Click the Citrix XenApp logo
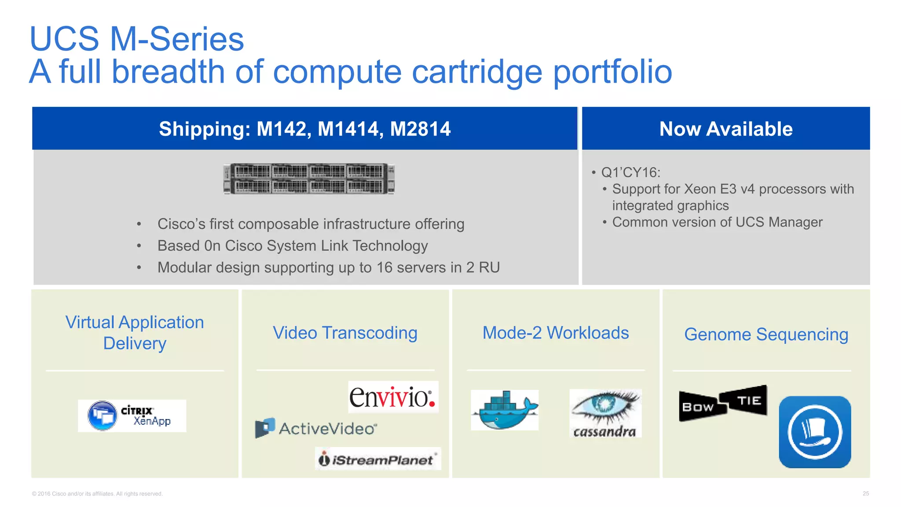coord(132,415)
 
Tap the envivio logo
coord(393,397)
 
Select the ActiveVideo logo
coord(316,428)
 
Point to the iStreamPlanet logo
coord(378,459)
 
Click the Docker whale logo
coord(505,410)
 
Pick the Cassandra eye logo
coord(605,413)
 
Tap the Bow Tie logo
coord(723,403)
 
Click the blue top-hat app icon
coord(815,432)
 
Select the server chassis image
coord(309,179)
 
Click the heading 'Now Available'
coord(726,129)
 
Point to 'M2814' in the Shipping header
coord(420,129)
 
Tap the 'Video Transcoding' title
coord(345,333)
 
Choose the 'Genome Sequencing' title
coord(766,334)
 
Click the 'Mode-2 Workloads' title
coord(556,333)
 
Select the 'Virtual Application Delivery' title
coord(135,333)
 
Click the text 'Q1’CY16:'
coord(631,173)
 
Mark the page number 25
coord(865,493)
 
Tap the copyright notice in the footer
coord(97,494)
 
